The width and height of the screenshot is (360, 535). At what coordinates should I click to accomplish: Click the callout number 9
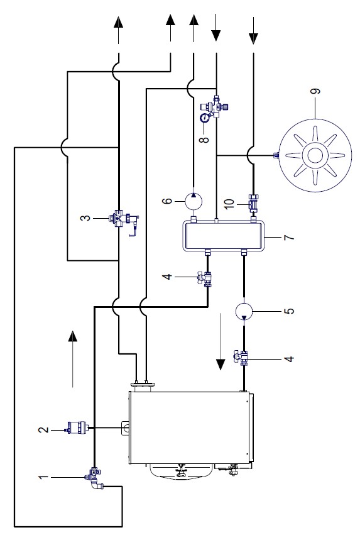(316, 91)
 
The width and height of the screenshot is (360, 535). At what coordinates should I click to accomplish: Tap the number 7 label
(289, 236)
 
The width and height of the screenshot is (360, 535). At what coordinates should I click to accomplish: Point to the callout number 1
(43, 477)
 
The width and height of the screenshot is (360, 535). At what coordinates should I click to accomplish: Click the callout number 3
(86, 218)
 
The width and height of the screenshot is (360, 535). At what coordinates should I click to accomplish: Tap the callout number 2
(43, 429)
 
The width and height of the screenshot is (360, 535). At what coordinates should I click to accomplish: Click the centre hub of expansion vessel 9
(315, 155)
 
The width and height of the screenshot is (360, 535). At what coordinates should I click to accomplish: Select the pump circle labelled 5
(244, 310)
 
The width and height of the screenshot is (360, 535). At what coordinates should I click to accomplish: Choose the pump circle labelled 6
(194, 201)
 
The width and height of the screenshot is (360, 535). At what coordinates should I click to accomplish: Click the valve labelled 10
(253, 202)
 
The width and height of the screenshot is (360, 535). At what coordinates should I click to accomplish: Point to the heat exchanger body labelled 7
(224, 236)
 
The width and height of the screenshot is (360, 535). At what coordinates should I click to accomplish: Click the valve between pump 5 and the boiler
(242, 358)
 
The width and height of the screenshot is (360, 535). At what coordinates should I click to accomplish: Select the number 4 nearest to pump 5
(289, 359)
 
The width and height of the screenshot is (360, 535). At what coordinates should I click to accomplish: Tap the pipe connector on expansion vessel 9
(276, 155)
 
